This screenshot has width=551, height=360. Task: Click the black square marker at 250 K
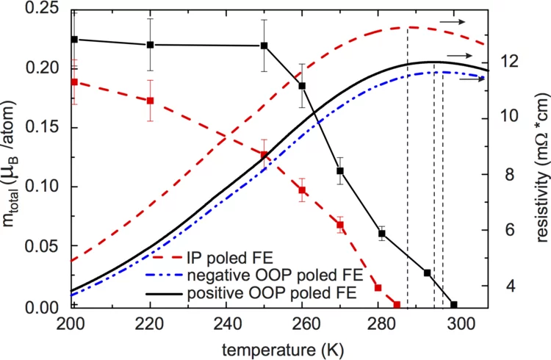[x=264, y=46]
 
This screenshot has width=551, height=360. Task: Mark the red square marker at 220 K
[x=150, y=101]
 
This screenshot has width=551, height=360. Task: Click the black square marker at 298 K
[x=453, y=305]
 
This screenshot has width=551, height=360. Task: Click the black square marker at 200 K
[x=73, y=39]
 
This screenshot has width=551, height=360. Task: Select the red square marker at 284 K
[x=397, y=305]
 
